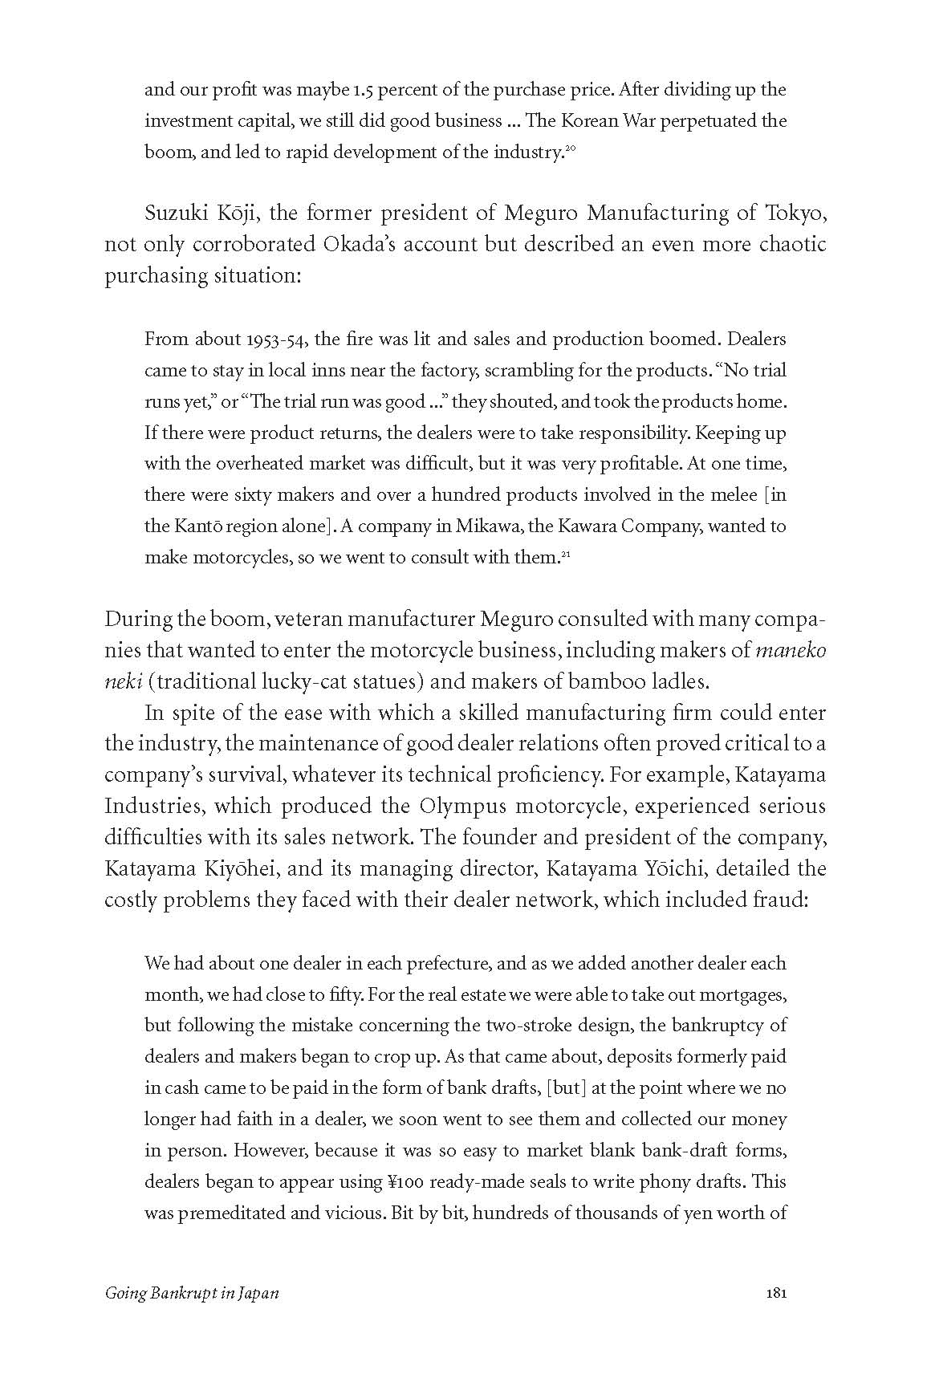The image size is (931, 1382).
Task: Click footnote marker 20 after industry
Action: point(571,148)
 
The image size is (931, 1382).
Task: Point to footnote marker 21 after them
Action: point(565,554)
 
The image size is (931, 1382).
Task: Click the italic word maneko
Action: point(791,650)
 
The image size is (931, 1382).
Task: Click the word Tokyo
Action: point(797,213)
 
